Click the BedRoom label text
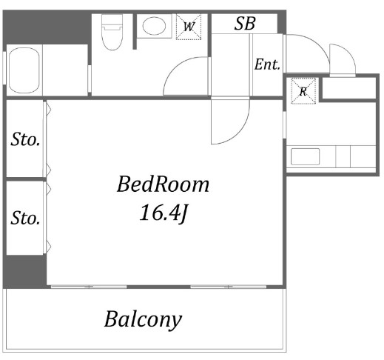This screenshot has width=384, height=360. [163, 184]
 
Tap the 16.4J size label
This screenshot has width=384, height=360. [164, 213]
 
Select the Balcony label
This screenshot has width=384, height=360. [143, 319]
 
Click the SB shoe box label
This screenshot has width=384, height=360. [245, 24]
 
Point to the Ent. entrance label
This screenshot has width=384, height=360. [267, 64]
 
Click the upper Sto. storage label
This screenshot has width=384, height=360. [25, 139]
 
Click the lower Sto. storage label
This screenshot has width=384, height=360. [25, 218]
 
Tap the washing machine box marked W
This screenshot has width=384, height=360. [189, 27]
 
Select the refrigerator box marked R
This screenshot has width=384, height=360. [303, 91]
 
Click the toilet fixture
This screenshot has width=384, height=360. [112, 32]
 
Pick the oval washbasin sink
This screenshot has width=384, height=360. [154, 26]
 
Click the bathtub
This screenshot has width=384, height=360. [24, 70]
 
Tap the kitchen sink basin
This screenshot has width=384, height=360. [305, 156]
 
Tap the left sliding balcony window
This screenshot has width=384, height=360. [89, 287]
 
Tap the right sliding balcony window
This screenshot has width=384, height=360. [229, 287]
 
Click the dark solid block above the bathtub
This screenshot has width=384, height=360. [47, 27]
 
